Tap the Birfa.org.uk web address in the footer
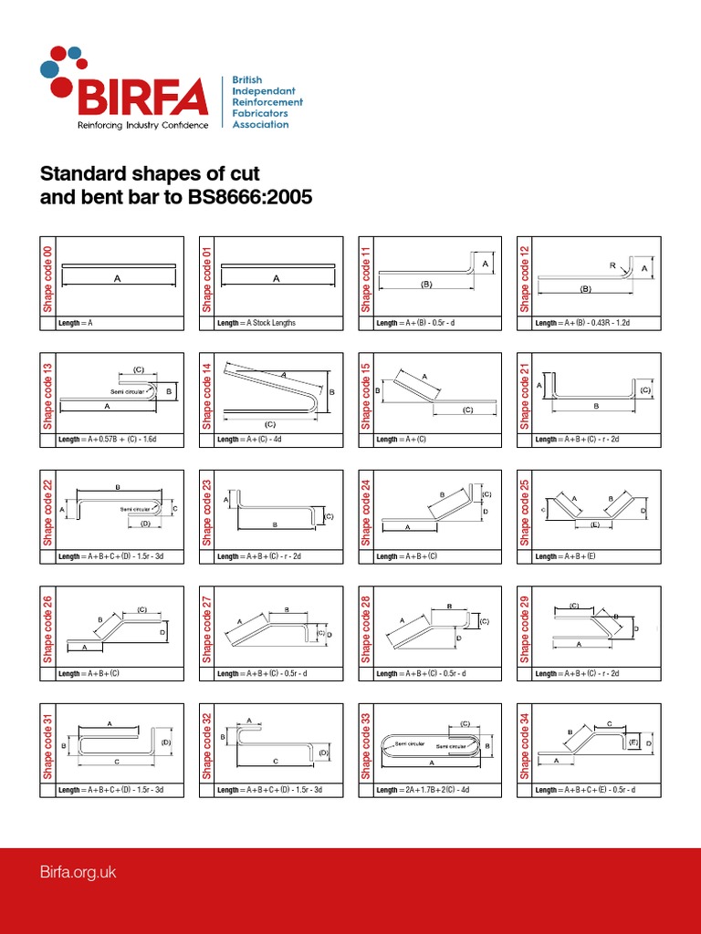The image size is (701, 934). (x=78, y=872)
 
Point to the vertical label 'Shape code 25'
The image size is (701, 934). (x=526, y=510)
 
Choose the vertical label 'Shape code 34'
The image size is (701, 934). (x=526, y=743)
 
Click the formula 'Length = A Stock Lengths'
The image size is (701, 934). (x=256, y=323)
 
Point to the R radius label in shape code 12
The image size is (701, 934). (x=612, y=265)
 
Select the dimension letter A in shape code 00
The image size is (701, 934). (x=118, y=280)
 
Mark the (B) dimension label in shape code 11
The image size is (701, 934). (x=426, y=285)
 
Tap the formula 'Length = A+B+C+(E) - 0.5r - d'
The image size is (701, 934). (x=599, y=790)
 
